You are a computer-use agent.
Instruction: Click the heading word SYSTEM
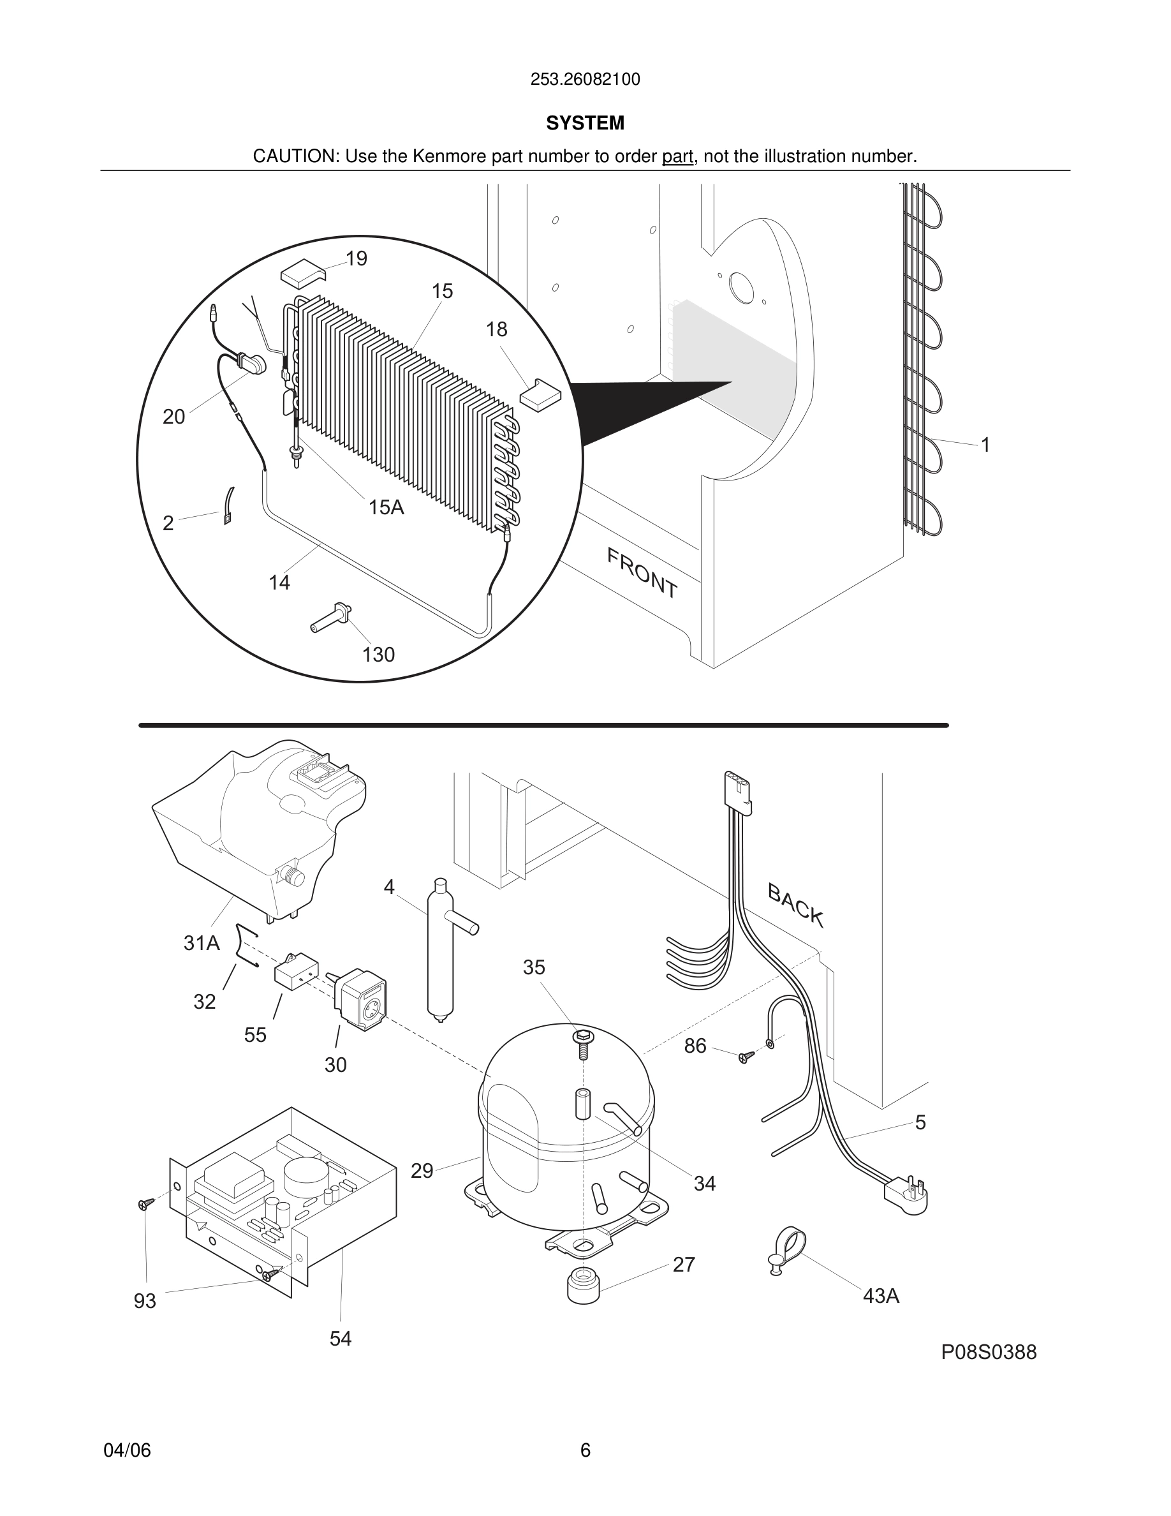point(585,123)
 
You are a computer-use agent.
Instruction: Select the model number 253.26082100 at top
point(585,80)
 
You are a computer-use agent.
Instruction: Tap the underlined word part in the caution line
point(677,157)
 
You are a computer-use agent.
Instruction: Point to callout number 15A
point(386,507)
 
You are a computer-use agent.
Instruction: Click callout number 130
point(378,655)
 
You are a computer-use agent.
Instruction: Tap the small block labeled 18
point(540,394)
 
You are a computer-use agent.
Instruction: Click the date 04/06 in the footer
point(127,1450)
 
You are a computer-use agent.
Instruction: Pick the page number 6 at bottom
point(585,1450)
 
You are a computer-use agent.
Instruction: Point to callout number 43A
point(880,1295)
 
